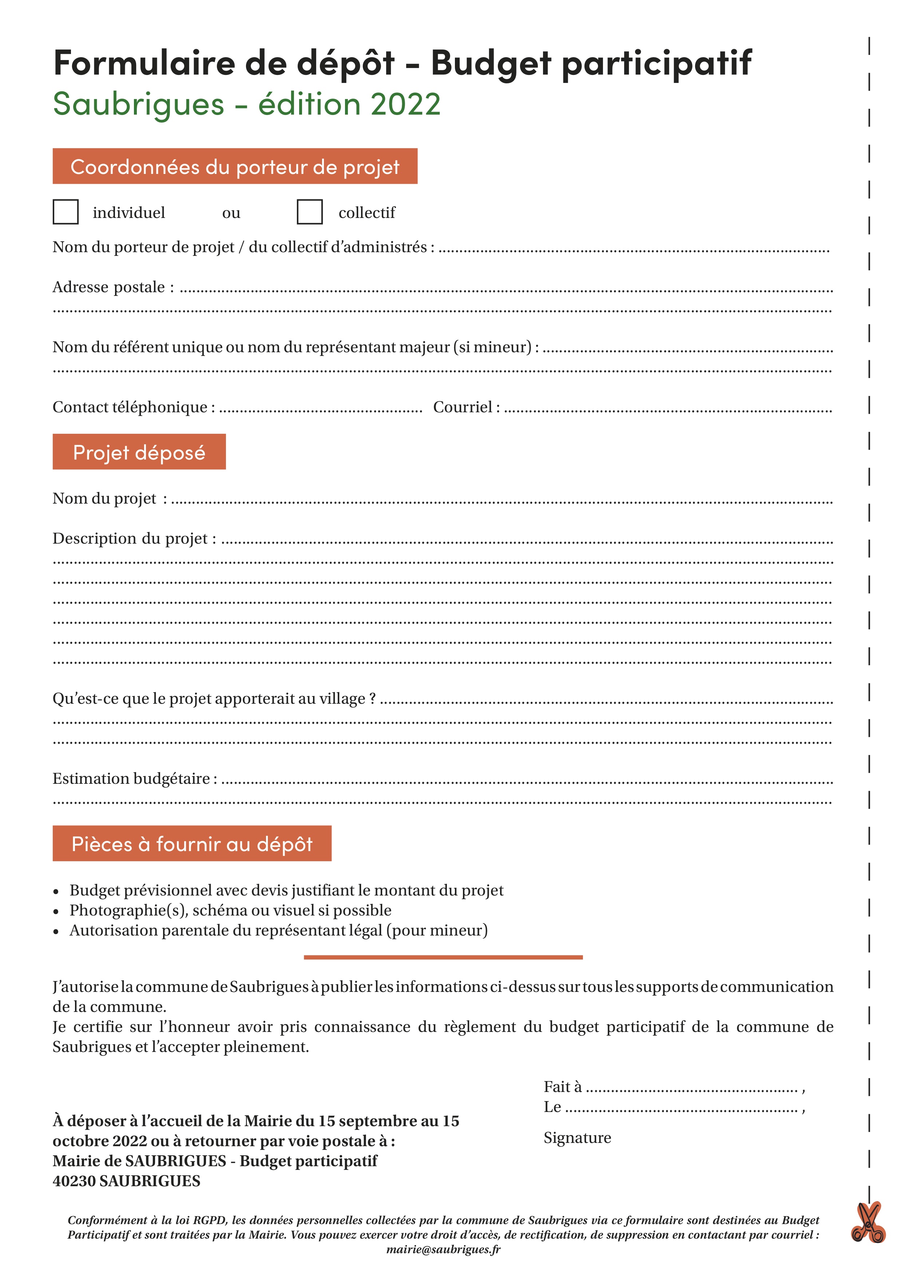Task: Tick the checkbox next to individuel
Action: click(x=65, y=212)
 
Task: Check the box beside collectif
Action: click(x=309, y=212)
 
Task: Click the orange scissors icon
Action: click(x=868, y=1223)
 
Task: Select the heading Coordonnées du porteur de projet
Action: click(x=234, y=166)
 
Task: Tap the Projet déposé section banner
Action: click(x=139, y=452)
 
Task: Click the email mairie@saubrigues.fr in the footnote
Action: click(x=443, y=1249)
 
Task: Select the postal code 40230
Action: click(x=74, y=1181)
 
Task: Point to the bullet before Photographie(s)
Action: click(x=56, y=911)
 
